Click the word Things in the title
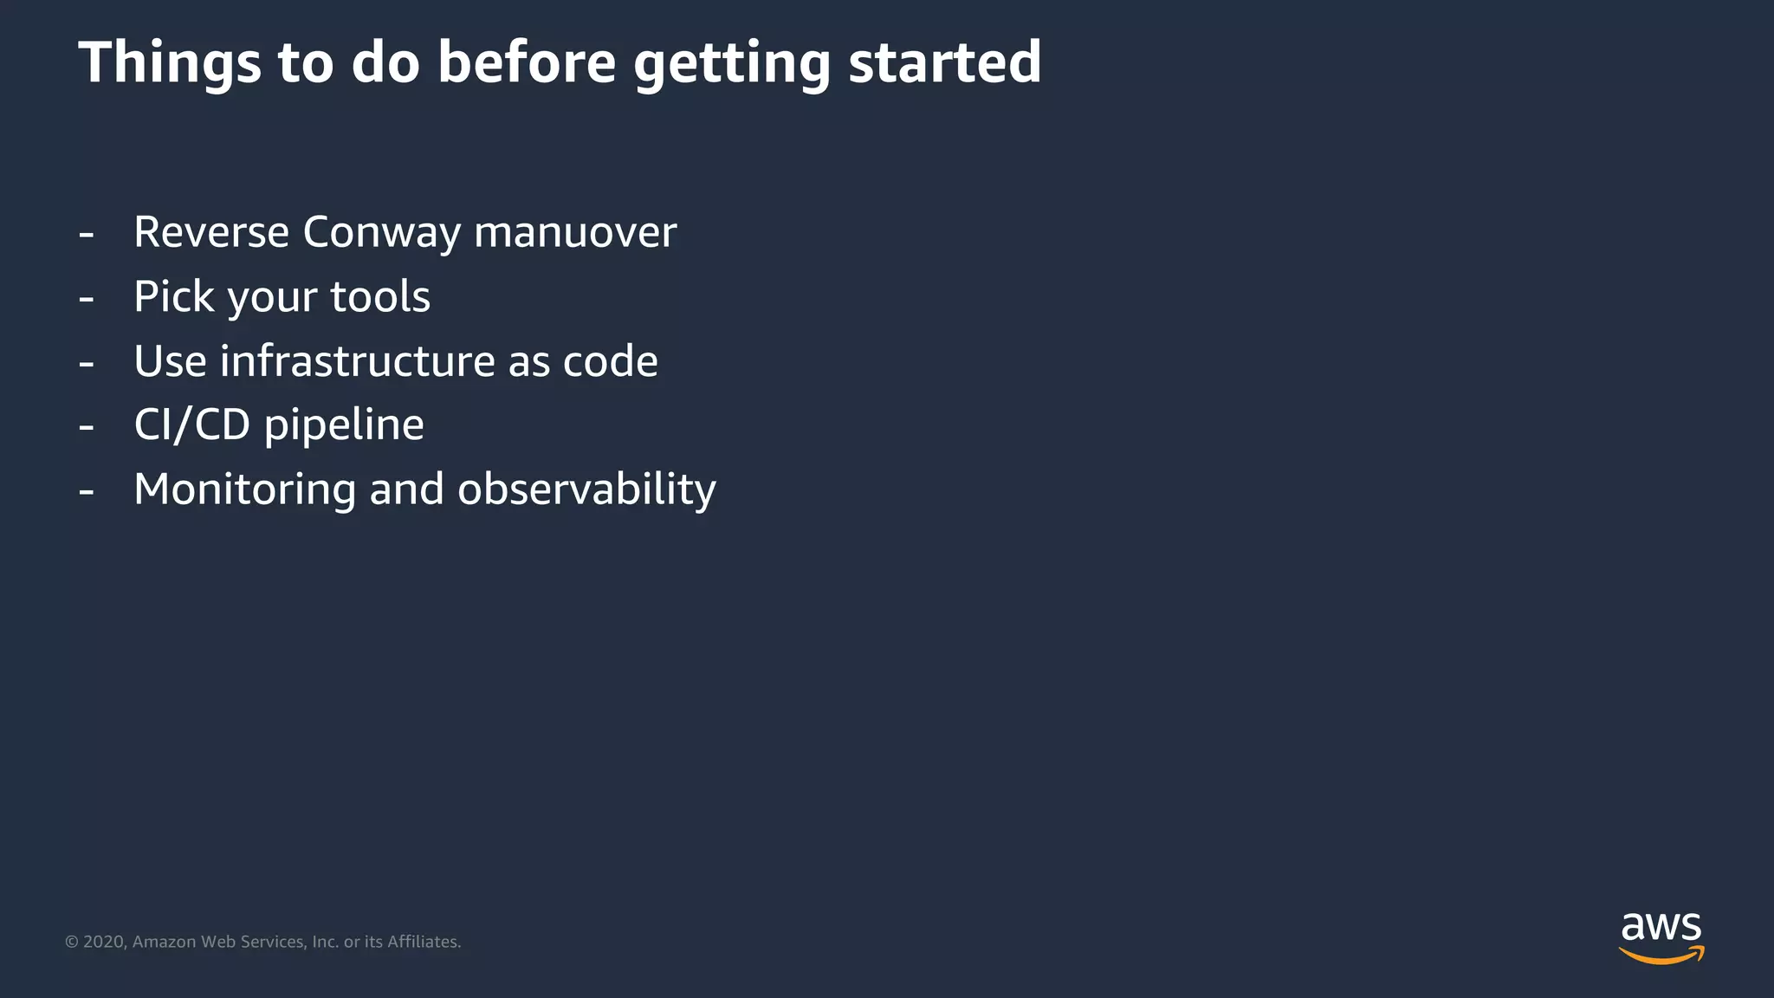point(170,62)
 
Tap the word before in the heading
point(527,62)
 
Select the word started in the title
point(944,62)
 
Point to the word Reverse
point(211,232)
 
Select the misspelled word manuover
point(575,232)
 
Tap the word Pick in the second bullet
point(174,296)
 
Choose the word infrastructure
point(357,360)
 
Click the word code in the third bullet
point(610,360)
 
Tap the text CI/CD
point(192,424)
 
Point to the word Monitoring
point(245,489)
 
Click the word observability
point(586,489)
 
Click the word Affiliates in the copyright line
point(424,942)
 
